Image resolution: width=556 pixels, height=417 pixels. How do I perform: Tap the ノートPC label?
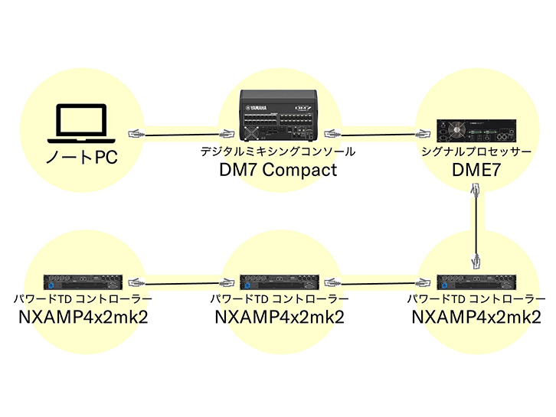pos(80,161)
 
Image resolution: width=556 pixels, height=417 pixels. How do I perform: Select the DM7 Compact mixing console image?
pos(278,116)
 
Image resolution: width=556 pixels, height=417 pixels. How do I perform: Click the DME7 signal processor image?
pos(476,131)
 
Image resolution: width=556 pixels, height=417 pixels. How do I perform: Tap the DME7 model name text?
pos(476,170)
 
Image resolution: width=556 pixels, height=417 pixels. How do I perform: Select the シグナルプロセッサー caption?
pos(476,152)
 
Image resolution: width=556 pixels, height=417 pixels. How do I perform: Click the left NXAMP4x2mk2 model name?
pos(83,316)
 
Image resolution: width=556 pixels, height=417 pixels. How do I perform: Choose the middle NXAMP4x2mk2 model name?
pos(279,316)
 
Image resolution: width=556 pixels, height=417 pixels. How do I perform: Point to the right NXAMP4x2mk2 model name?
pos(476,316)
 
